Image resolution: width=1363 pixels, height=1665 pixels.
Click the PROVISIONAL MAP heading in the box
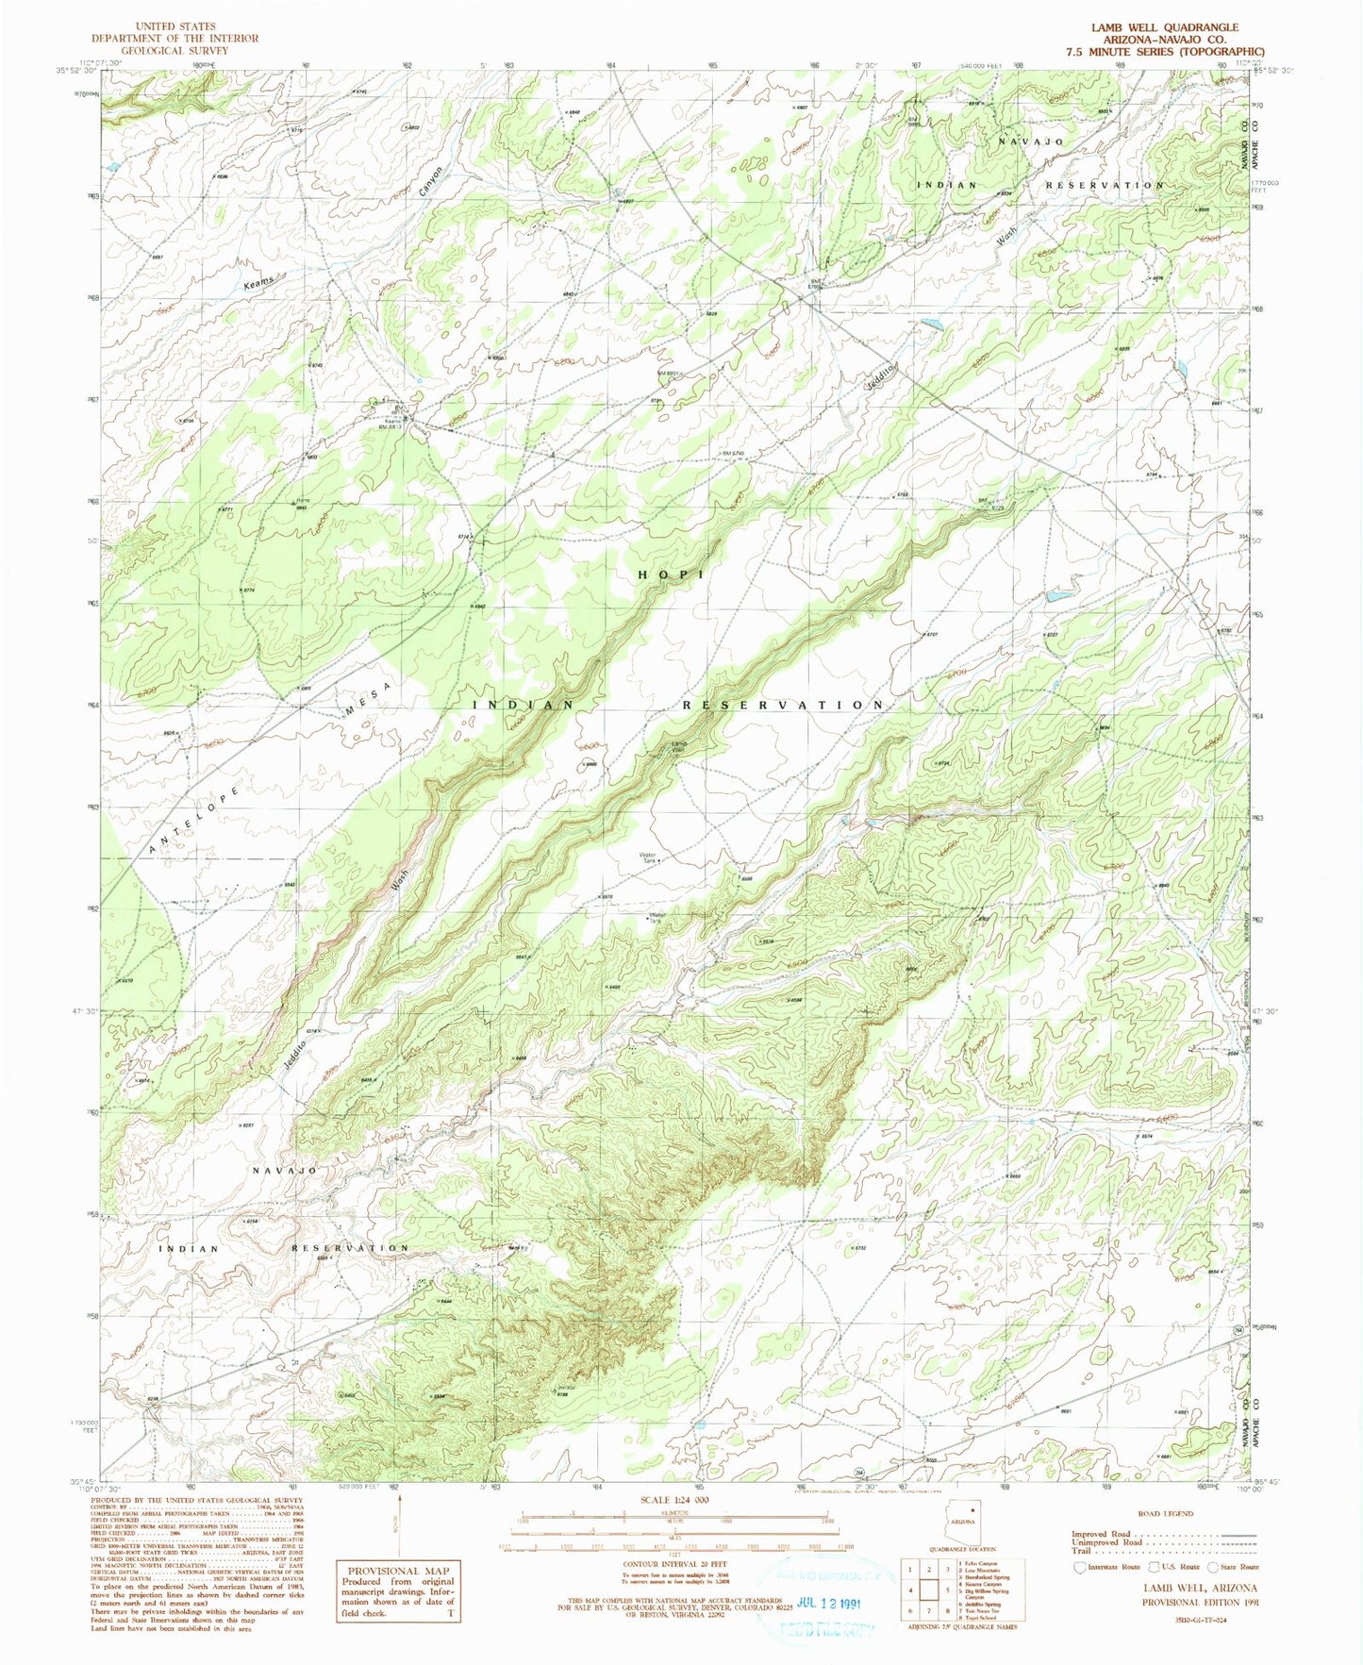pos(396,1570)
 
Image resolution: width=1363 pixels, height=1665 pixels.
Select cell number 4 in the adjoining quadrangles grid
pos(909,1589)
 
